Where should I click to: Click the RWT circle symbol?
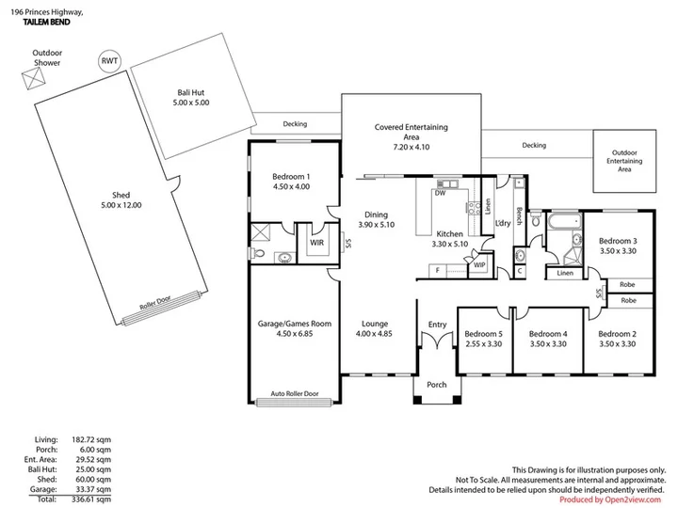109,61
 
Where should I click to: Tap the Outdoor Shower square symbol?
33,79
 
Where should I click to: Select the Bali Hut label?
190,92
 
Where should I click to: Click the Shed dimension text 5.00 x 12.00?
121,205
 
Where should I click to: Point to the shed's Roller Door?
162,309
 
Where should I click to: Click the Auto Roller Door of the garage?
294,403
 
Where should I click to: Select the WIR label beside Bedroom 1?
317,243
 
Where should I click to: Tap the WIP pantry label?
479,265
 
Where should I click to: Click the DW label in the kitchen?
440,193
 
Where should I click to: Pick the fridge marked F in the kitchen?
438,271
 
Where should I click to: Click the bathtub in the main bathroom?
564,222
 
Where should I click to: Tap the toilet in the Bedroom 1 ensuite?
258,253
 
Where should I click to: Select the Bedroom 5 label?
483,334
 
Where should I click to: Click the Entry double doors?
437,340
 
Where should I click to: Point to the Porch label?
437,385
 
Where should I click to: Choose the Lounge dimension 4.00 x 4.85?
374,333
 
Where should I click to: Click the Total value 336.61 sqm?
91,500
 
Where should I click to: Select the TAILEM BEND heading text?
46,22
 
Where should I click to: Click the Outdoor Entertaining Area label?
624,161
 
